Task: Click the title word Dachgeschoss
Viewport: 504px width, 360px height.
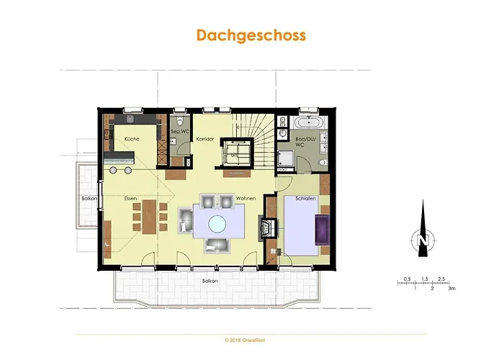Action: [251, 35]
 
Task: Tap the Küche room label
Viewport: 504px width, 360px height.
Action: [131, 139]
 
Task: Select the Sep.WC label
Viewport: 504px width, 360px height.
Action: [179, 132]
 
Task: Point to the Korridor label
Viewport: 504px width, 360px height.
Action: [205, 139]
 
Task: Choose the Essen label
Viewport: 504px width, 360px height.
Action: [130, 198]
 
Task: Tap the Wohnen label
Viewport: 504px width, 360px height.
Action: [246, 198]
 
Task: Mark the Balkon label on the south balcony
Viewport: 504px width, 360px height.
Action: [210, 280]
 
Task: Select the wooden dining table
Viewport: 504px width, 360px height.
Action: [147, 216]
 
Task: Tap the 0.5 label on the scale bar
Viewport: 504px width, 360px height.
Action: [407, 277]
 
